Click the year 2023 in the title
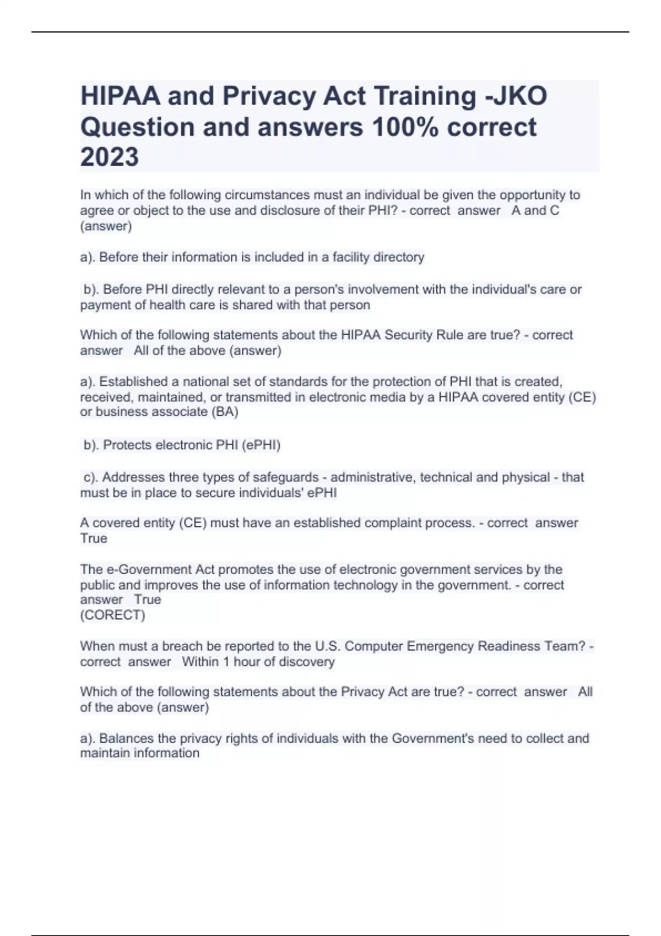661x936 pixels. coord(110,157)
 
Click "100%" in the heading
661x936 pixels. coord(405,127)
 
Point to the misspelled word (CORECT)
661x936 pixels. coord(113,615)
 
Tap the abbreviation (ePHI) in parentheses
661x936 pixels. coord(261,445)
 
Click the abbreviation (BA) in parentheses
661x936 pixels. coord(225,412)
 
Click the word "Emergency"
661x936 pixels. coord(440,646)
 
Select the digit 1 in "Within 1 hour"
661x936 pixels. coord(226,661)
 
